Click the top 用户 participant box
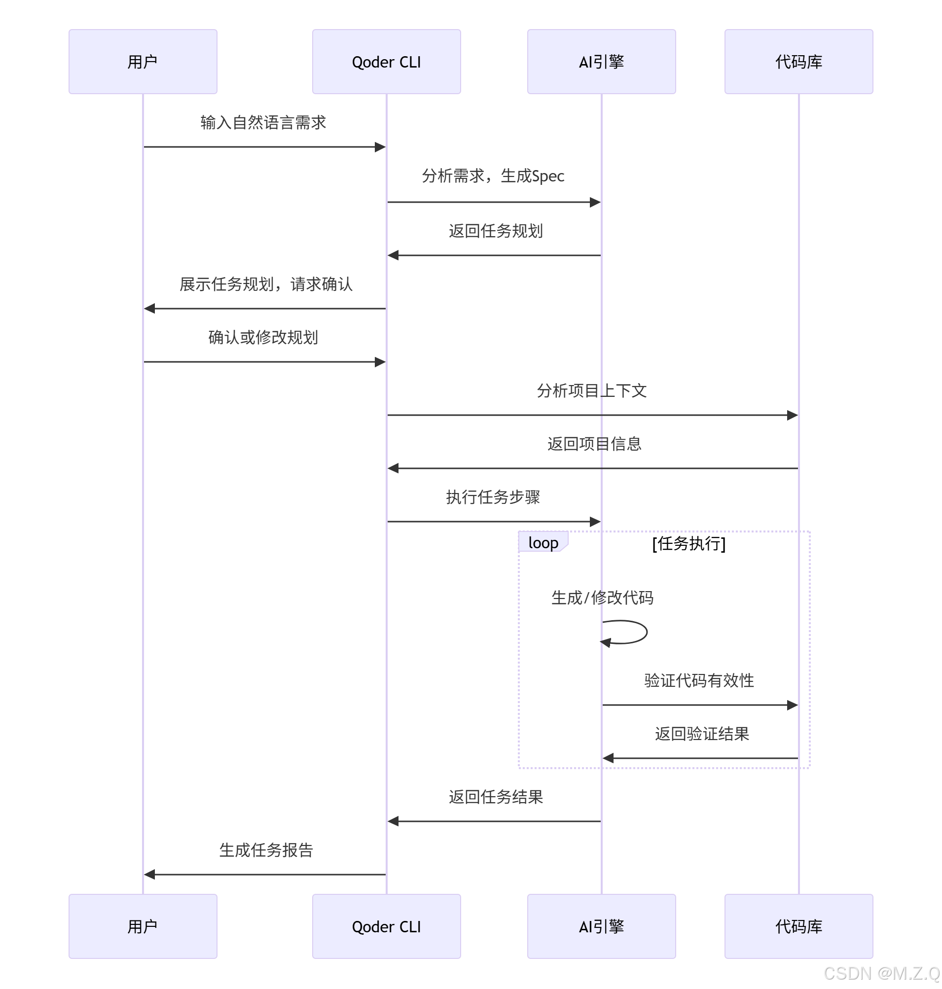click(x=143, y=62)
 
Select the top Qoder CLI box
click(x=386, y=62)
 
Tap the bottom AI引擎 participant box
click(x=601, y=926)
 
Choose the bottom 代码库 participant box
click(x=798, y=926)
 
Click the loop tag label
click(x=543, y=542)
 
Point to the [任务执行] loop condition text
click(x=688, y=543)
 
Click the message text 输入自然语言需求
click(x=263, y=122)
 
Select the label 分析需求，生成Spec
click(x=493, y=176)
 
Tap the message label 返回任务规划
click(x=496, y=231)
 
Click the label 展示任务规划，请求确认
click(x=266, y=284)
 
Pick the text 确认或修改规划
click(x=263, y=337)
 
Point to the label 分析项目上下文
click(x=591, y=390)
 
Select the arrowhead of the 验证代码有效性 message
click(x=793, y=705)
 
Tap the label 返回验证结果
click(x=701, y=734)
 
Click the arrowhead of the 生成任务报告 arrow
click(x=149, y=875)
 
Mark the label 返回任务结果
click(x=496, y=797)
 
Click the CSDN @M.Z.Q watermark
click(x=881, y=973)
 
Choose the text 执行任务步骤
click(x=493, y=497)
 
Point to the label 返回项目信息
click(x=594, y=444)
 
